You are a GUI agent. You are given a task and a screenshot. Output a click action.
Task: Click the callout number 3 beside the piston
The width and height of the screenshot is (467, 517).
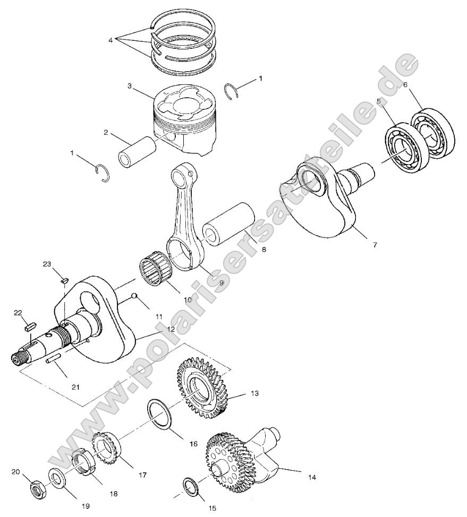pyautogui.click(x=129, y=85)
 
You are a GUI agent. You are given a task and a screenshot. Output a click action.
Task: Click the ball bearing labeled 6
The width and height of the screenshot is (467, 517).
pyautogui.click(x=435, y=134)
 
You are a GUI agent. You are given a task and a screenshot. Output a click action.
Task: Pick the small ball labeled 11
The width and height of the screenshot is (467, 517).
pyautogui.click(x=135, y=297)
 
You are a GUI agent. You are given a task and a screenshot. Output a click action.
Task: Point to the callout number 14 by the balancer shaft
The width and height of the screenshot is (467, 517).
pyautogui.click(x=312, y=477)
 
